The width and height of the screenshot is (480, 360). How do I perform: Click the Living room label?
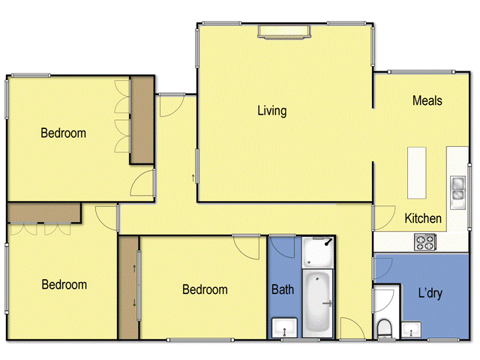pos(271,111)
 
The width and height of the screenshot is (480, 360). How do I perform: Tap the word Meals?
pos(427,100)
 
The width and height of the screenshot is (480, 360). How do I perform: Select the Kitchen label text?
pos(423,218)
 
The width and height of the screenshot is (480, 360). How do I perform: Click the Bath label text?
pos(283,289)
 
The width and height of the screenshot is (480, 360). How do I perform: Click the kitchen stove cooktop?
pos(425,242)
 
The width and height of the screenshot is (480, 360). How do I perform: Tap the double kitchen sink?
pos(457,190)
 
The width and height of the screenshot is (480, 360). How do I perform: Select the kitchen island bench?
pos(416,172)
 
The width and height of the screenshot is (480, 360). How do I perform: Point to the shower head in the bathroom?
pos(328,242)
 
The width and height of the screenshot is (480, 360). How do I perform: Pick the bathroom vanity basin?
pos(283,328)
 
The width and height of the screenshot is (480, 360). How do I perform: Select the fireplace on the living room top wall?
pos(283,30)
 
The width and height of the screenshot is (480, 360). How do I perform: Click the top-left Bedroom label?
pos(63,133)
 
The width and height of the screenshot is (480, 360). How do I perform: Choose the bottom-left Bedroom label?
pos(64,285)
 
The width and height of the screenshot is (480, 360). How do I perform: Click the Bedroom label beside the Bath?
pos(205,289)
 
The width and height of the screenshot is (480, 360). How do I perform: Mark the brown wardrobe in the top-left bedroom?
pos(142,120)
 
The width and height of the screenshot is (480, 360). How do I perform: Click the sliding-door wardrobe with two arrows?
pos(128,287)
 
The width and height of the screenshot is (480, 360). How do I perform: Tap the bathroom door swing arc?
pos(350,325)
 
